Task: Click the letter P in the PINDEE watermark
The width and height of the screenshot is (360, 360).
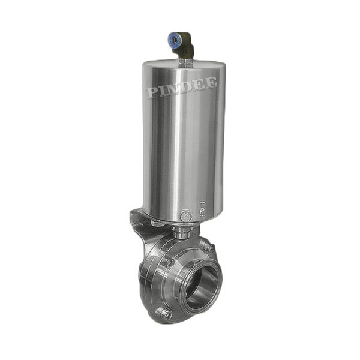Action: click(152, 92)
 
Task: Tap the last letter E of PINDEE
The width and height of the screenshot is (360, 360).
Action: click(212, 83)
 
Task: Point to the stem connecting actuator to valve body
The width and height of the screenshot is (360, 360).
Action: click(179, 231)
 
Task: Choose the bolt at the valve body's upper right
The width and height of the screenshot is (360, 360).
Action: click(206, 247)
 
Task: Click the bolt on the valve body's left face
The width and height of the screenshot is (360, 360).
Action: click(169, 262)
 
